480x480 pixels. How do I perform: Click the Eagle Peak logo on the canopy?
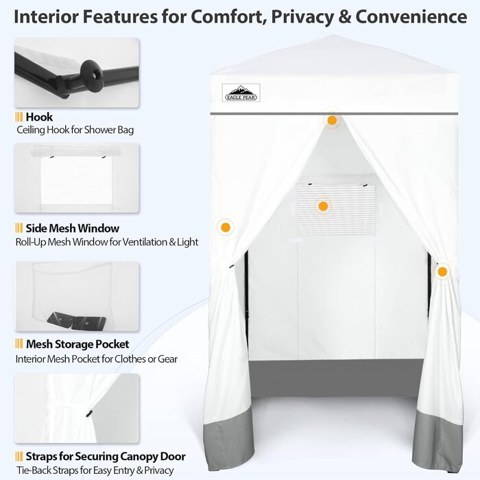(x=241, y=93)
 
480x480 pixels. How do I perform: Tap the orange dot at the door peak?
(x=332, y=120)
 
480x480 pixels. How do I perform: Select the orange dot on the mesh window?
(x=323, y=206)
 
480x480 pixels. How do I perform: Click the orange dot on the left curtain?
(x=226, y=228)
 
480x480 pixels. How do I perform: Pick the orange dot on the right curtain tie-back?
(x=442, y=272)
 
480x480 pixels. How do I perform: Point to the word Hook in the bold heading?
(x=39, y=117)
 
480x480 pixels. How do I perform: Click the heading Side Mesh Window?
(x=73, y=228)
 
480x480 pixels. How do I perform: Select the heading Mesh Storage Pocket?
(x=77, y=344)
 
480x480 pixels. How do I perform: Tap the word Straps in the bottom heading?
(x=41, y=457)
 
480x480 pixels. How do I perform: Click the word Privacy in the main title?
(x=302, y=17)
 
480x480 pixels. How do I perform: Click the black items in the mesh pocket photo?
(x=77, y=321)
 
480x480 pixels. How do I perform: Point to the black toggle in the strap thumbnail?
(x=88, y=414)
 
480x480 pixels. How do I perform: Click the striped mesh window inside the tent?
(x=336, y=210)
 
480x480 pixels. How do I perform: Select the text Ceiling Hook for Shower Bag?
(x=75, y=130)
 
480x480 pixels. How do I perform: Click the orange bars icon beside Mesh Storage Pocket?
(x=19, y=344)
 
